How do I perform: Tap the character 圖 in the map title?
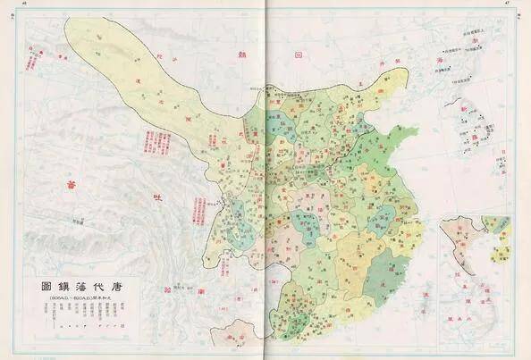tap(46, 287)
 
